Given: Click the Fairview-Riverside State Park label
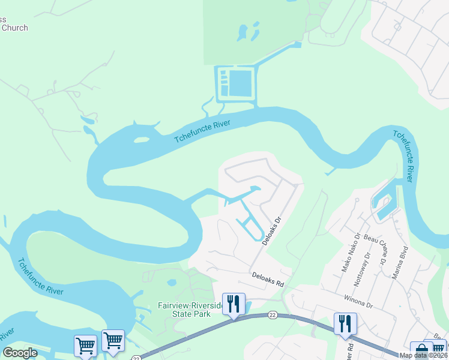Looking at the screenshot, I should point(191,310).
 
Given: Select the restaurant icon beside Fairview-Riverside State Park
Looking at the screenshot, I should point(234,304).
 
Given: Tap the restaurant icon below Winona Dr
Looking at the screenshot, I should point(345,323).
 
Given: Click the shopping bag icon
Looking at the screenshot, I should point(420,350).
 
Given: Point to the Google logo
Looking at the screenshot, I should point(20,352).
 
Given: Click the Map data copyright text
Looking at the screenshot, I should point(424,355).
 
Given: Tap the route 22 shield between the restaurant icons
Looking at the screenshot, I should point(272,315).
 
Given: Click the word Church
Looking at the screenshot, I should point(14,28).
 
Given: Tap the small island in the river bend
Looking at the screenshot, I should point(142,140).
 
